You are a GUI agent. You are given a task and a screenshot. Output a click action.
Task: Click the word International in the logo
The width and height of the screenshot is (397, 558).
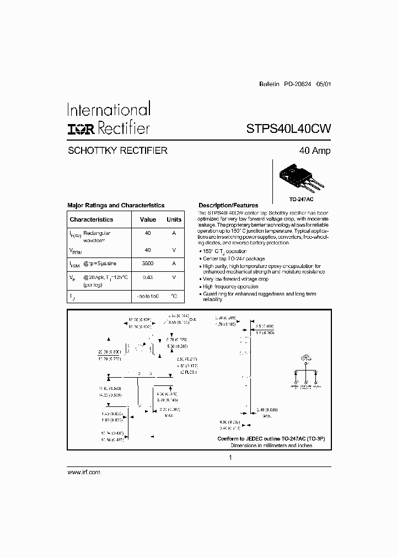coord(108,110)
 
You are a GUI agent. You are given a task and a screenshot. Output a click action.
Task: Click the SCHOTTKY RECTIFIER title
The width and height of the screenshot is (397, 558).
coord(117,151)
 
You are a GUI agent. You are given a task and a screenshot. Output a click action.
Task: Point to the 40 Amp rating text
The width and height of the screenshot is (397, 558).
coord(314,151)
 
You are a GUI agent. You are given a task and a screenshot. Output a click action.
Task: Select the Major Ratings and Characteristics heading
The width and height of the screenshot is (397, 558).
coord(116,205)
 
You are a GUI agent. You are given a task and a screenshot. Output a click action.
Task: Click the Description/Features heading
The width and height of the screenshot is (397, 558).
coord(228,205)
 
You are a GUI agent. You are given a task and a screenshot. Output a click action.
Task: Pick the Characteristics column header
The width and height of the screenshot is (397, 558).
coord(92,219)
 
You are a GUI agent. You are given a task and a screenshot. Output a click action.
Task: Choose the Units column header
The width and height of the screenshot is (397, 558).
coord(174,219)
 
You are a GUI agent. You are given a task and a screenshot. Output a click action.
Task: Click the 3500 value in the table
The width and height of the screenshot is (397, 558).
coord(148,264)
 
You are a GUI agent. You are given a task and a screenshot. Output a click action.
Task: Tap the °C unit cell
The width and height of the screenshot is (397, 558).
coord(174,297)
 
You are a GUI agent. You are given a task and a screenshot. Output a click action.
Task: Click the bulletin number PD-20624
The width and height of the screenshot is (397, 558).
coord(298,85)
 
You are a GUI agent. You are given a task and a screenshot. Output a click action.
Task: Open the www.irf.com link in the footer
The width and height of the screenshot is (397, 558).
coord(83,473)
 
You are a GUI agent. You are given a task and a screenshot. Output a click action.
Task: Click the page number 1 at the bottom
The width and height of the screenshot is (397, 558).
coord(230,458)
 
